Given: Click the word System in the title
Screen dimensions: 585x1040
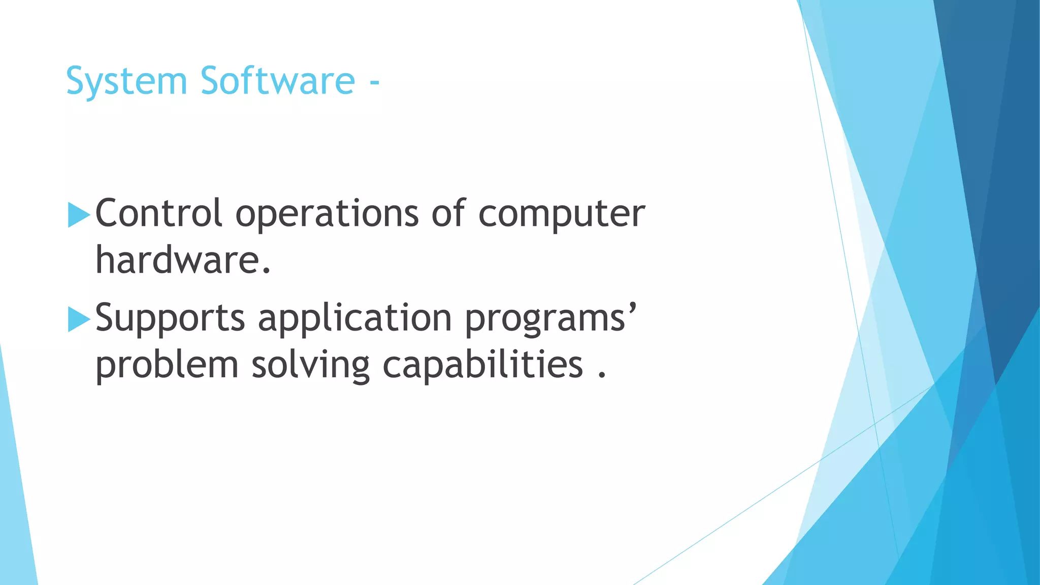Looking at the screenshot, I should (x=126, y=81).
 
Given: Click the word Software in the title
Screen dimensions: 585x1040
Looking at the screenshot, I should (x=278, y=81).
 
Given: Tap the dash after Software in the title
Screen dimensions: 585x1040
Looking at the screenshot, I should (x=374, y=83).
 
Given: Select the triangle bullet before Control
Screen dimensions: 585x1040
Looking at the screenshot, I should (x=78, y=215).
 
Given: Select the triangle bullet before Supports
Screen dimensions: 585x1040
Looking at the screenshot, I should (x=78, y=319).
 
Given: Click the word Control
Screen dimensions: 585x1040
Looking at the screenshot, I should (x=158, y=213).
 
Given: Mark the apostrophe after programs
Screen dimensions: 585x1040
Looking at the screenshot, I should (x=632, y=307).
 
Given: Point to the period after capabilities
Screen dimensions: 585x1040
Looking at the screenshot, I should (x=602, y=376).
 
